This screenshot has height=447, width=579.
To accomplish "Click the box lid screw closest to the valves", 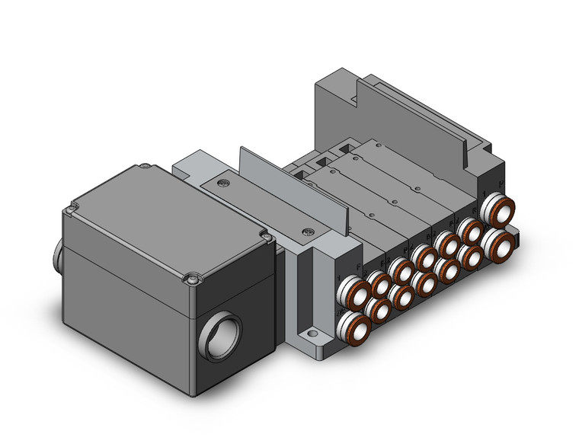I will [266, 238].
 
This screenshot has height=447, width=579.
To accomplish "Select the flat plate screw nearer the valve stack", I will [307, 231].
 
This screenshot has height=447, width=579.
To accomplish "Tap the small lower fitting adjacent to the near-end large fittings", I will [379, 309].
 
